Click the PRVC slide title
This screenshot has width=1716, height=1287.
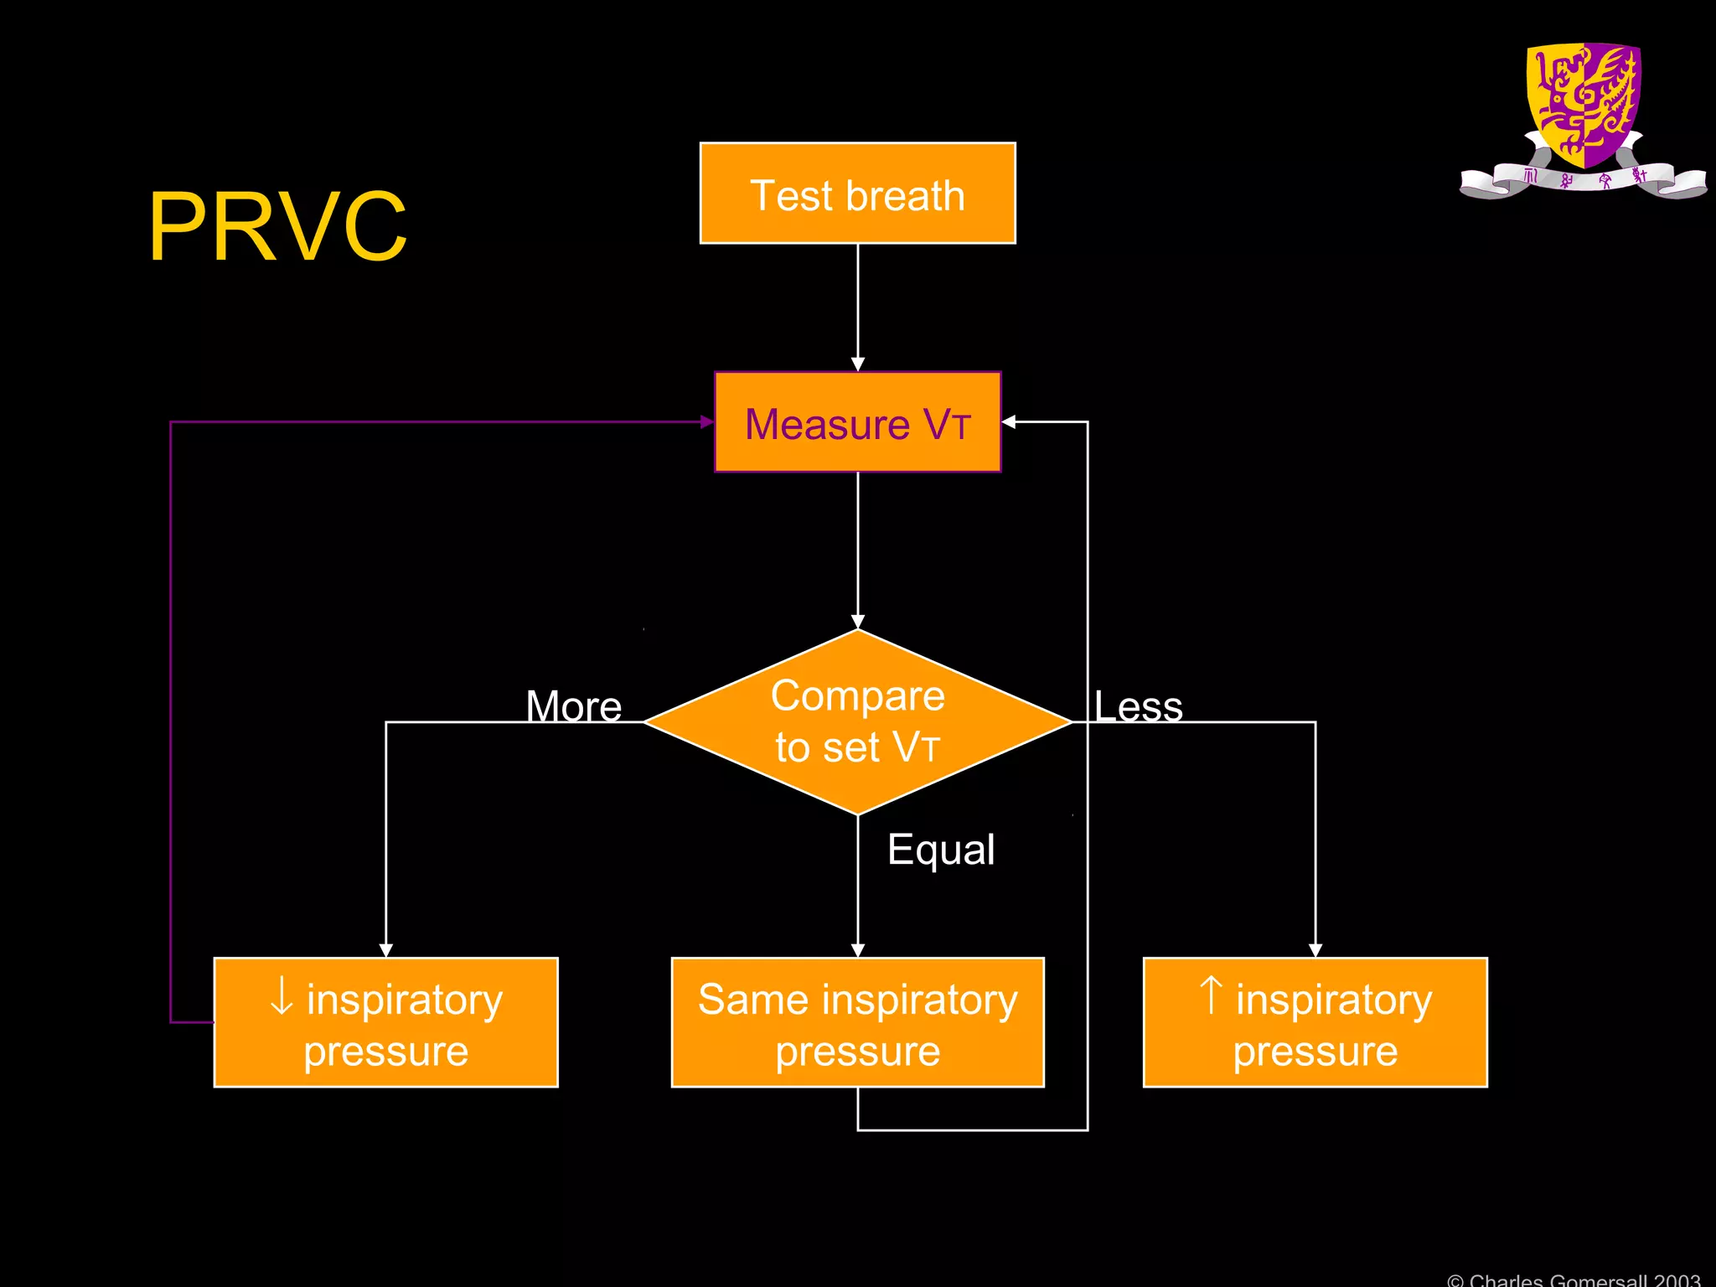click(277, 227)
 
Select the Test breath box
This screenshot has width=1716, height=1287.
click(857, 194)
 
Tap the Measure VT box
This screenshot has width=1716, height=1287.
click(857, 422)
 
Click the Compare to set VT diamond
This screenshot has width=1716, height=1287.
click(857, 722)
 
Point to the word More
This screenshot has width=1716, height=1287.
click(574, 706)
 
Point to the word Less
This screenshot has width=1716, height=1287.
click(1138, 706)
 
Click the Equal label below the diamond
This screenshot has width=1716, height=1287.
click(941, 850)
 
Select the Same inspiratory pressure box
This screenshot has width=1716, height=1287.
click(857, 1022)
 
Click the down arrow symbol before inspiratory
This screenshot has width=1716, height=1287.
click(282, 996)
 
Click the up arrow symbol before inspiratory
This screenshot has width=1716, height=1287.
click(1211, 995)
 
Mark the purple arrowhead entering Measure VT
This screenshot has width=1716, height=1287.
click(707, 422)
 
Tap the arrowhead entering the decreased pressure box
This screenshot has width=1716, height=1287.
click(385, 949)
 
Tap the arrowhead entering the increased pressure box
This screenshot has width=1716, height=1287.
click(1315, 949)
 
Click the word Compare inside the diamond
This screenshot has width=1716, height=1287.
click(857, 696)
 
